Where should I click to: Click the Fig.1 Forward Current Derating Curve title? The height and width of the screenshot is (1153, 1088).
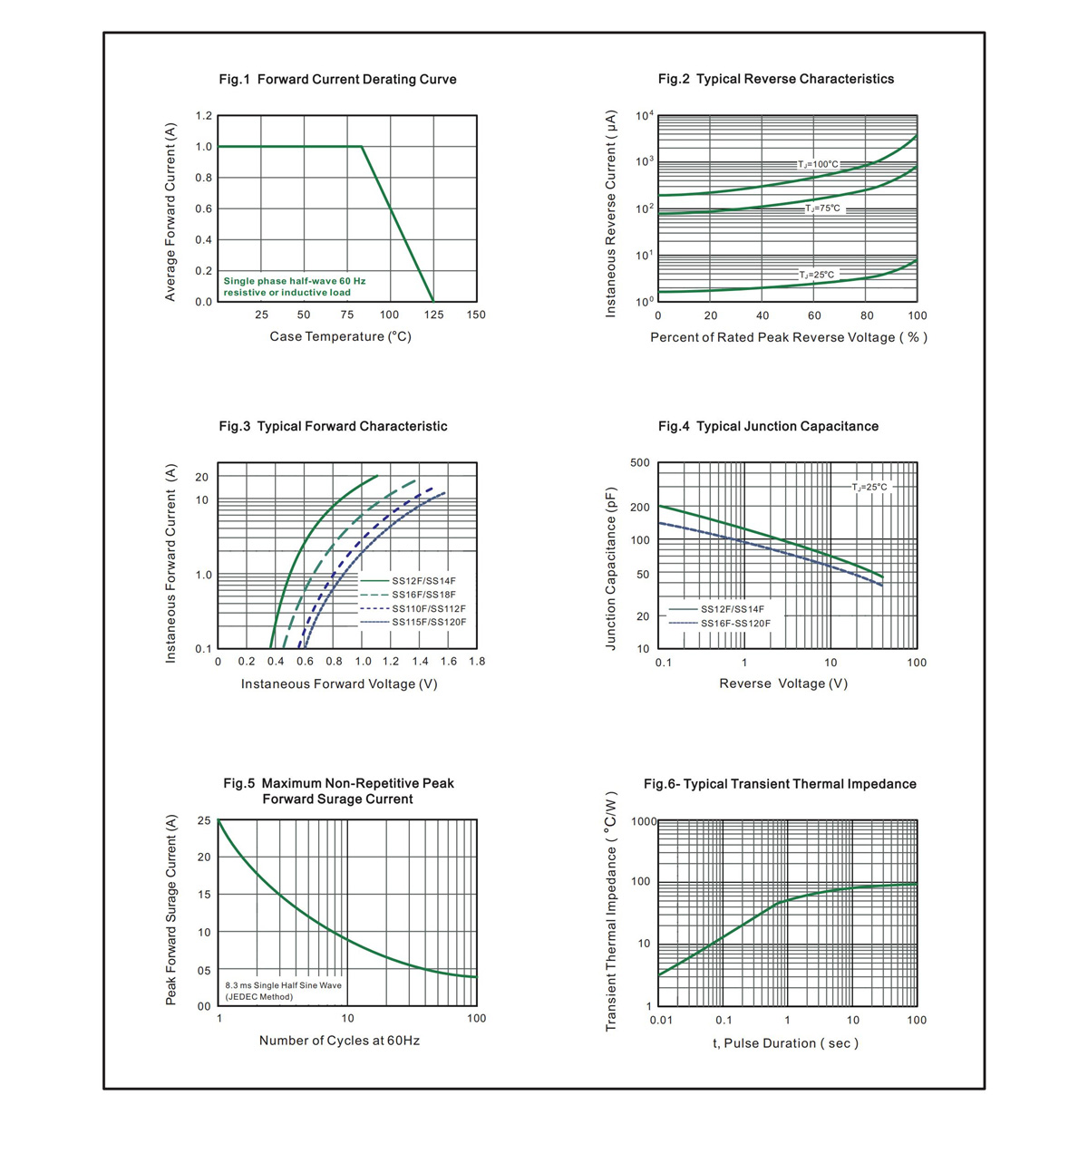pyautogui.click(x=337, y=79)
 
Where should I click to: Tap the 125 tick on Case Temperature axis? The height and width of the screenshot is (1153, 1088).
pyautogui.click(x=433, y=315)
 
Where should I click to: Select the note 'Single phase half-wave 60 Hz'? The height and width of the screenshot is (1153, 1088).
pyautogui.click(x=295, y=281)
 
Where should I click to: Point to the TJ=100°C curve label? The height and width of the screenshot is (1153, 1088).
pyautogui.click(x=818, y=164)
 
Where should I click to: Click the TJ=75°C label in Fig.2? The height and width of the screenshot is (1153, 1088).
pyautogui.click(x=822, y=208)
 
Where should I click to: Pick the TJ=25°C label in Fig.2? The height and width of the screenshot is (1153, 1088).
pyautogui.click(x=816, y=275)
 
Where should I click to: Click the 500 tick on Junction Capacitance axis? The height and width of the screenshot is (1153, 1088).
pyautogui.click(x=639, y=462)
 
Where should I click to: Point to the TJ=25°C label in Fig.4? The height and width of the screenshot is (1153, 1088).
pyautogui.click(x=869, y=487)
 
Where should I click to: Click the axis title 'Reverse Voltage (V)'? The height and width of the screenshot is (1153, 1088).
pyautogui.click(x=783, y=683)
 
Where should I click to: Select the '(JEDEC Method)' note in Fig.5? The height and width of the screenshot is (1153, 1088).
pyautogui.click(x=259, y=997)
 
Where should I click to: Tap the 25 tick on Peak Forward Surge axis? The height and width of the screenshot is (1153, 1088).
pyautogui.click(x=204, y=820)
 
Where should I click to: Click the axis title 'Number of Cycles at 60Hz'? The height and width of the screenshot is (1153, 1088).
pyautogui.click(x=339, y=1041)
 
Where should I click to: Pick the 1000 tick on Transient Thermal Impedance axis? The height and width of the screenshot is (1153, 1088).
pyautogui.click(x=644, y=821)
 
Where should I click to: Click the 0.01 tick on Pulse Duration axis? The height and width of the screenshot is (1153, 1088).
pyautogui.click(x=661, y=1020)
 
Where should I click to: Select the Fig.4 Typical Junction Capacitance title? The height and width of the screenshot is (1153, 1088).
pyautogui.click(x=768, y=426)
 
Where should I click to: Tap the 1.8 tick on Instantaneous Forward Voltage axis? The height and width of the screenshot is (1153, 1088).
pyautogui.click(x=477, y=662)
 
